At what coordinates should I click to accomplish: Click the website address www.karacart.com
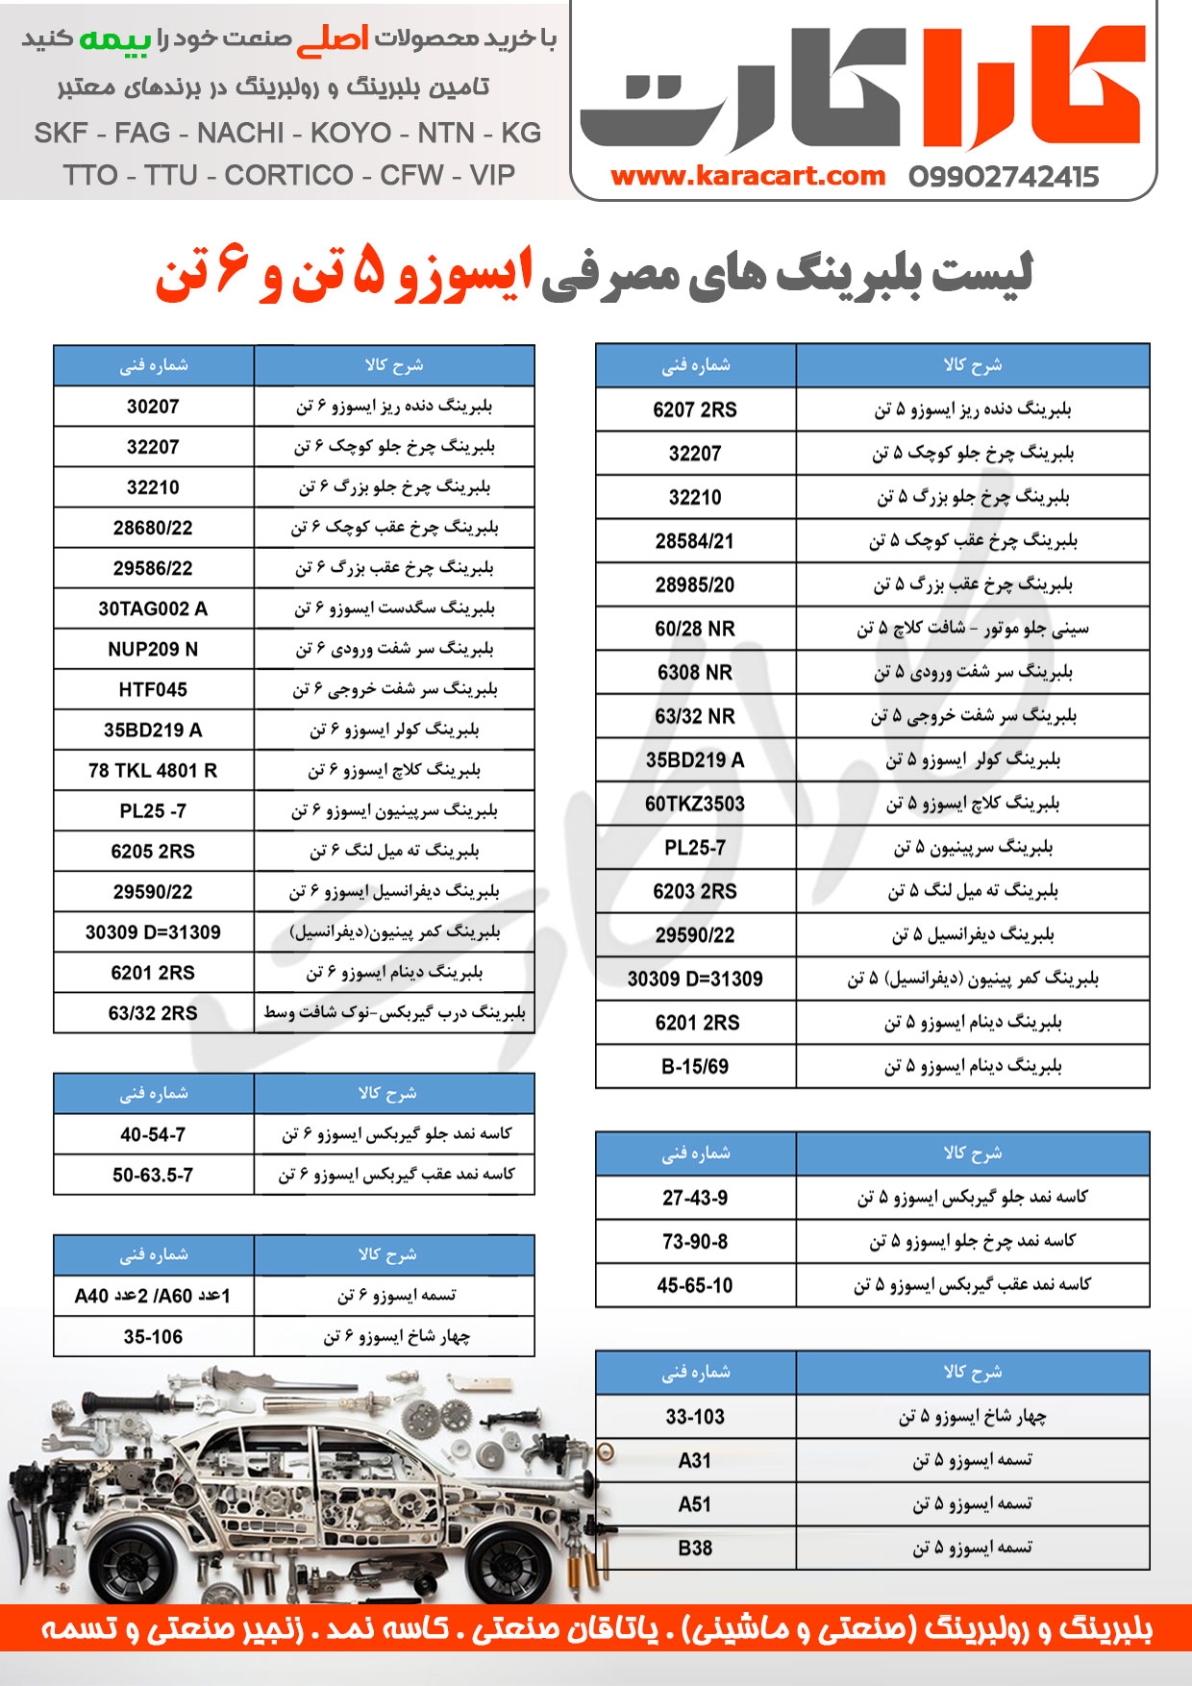[747, 176]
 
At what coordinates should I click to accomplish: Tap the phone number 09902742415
[1003, 177]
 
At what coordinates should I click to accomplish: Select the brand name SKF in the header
[61, 133]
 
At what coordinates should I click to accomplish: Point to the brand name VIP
[492, 175]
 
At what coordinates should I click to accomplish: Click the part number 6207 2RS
[695, 409]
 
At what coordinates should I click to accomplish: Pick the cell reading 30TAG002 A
[153, 608]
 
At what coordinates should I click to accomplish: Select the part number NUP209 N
[153, 649]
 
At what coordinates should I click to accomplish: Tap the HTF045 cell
[153, 689]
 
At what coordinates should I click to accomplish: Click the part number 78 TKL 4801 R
[153, 770]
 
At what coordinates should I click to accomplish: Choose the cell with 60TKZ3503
[695, 804]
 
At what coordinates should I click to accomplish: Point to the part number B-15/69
[695, 1066]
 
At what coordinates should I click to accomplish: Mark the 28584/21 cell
[695, 541]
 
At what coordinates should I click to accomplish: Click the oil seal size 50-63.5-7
[153, 1175]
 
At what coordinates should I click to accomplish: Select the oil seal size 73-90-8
[695, 1241]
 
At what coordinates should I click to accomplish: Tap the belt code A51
[695, 1504]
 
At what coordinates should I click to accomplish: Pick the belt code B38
[695, 1548]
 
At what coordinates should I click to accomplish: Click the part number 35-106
[153, 1336]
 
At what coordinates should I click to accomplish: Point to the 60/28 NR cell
[695, 629]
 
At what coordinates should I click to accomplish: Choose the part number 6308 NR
[695, 672]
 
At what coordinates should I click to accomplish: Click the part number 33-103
[695, 1416]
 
